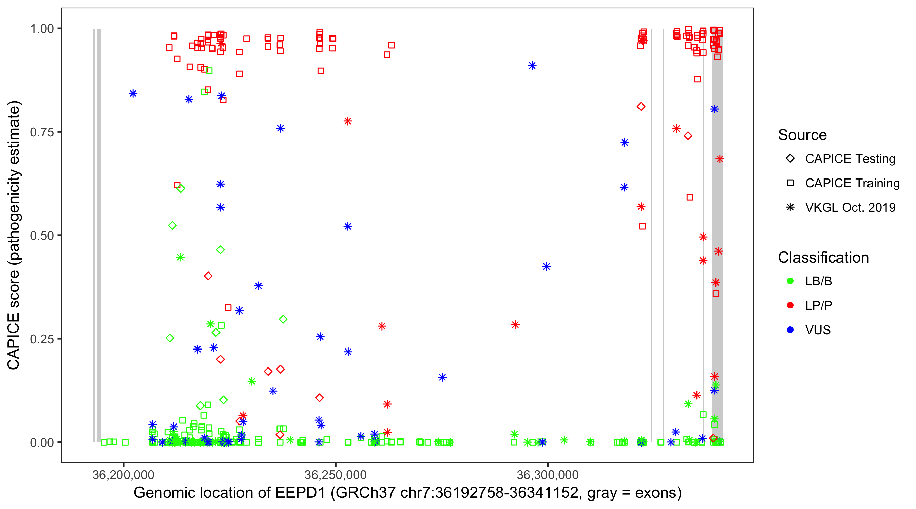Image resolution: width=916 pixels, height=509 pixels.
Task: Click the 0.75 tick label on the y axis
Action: (x=42, y=132)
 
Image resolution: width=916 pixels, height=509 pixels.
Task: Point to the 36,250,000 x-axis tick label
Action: (x=335, y=475)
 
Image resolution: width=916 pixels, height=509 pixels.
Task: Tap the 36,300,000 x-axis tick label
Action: (x=548, y=475)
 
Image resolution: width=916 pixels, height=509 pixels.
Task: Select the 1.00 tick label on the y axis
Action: (x=42, y=29)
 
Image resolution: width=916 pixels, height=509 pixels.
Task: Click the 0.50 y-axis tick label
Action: (x=42, y=236)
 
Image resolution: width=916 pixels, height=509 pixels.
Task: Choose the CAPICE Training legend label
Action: (x=852, y=183)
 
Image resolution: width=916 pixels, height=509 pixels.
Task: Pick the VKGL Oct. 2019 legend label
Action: (x=850, y=208)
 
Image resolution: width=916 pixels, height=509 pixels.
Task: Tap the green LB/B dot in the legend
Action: (x=790, y=281)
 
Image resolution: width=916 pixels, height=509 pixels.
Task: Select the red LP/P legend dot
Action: (x=790, y=305)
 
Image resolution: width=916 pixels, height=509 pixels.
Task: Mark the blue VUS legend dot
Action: (x=790, y=330)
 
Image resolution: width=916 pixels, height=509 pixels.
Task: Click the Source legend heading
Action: (x=802, y=135)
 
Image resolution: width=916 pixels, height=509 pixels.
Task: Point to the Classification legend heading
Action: (x=823, y=258)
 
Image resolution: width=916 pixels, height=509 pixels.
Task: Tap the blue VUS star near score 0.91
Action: (x=532, y=66)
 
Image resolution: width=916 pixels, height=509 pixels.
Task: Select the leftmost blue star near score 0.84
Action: (x=133, y=94)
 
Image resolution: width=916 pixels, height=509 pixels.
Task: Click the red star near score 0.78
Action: (x=348, y=121)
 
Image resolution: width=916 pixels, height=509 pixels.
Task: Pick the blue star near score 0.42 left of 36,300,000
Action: (x=547, y=267)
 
